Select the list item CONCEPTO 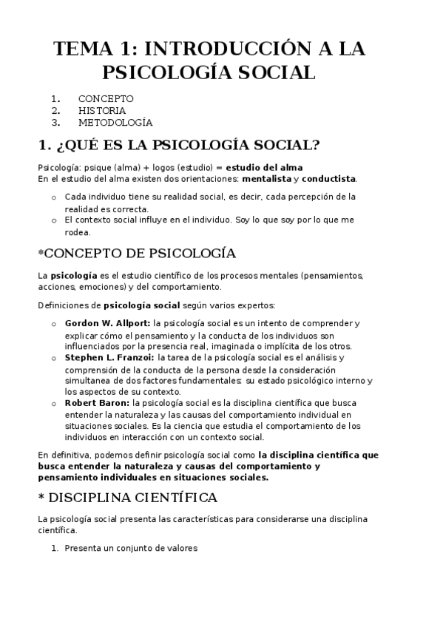click(x=106, y=98)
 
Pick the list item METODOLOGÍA click(x=115, y=122)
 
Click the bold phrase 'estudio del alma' click(x=264, y=167)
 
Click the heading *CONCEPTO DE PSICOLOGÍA click(x=137, y=254)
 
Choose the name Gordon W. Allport click(x=107, y=323)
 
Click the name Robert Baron click(x=97, y=403)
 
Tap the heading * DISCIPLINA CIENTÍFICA click(x=127, y=496)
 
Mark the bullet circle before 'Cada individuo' click(x=54, y=197)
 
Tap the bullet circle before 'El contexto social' click(x=54, y=220)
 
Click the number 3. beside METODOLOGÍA click(x=55, y=122)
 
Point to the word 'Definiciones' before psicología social click(x=62, y=305)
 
